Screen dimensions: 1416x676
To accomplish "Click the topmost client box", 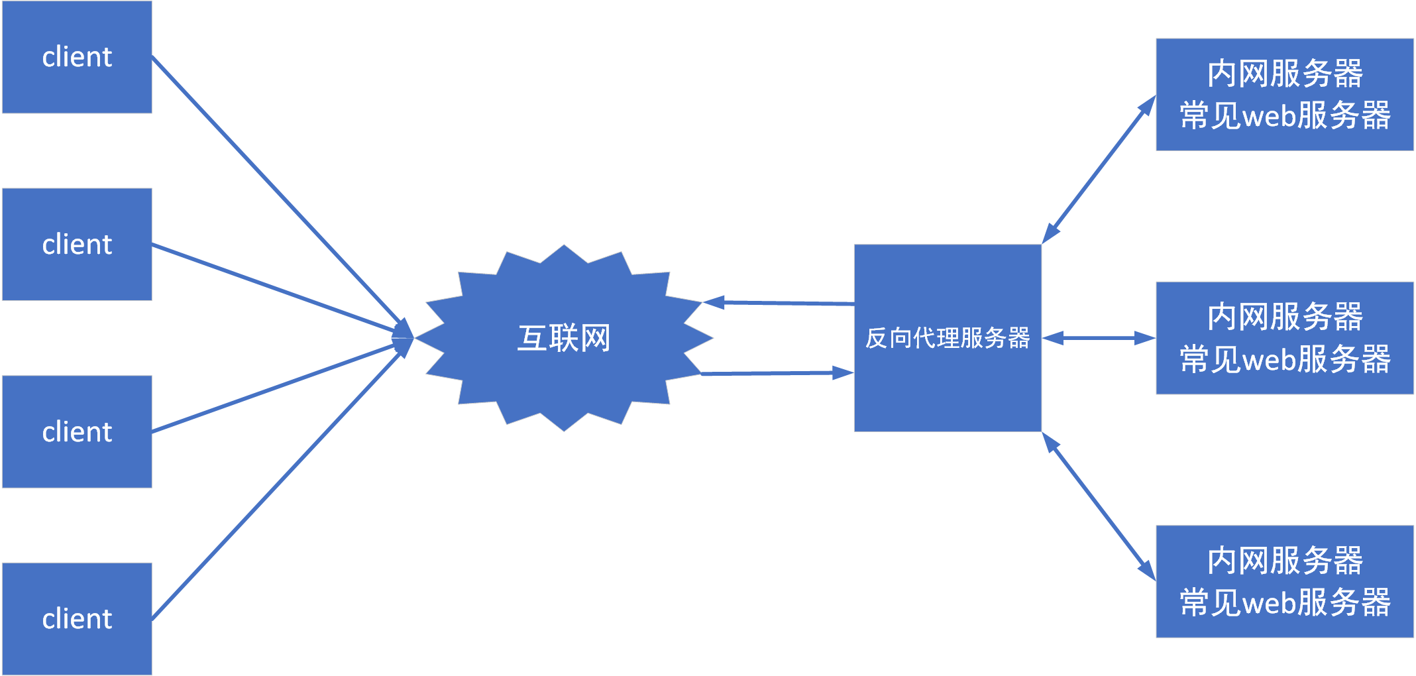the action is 77,57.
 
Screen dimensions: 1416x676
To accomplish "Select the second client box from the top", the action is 77,245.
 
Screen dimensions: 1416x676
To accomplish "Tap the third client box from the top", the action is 77,432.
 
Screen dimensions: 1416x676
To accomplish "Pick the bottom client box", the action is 77,619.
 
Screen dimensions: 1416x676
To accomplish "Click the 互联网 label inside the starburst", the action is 564,338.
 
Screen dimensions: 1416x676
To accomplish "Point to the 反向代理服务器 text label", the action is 948,338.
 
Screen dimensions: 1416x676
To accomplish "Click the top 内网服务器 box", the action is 1284,95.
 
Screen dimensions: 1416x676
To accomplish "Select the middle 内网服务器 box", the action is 1284,338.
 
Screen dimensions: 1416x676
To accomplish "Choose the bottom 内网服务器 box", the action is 1284,581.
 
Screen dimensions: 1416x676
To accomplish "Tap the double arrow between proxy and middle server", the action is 1099,338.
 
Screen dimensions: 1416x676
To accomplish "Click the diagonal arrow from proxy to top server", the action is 1099,170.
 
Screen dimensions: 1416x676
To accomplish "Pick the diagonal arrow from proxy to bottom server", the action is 1099,507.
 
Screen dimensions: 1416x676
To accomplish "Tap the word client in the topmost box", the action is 77,57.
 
